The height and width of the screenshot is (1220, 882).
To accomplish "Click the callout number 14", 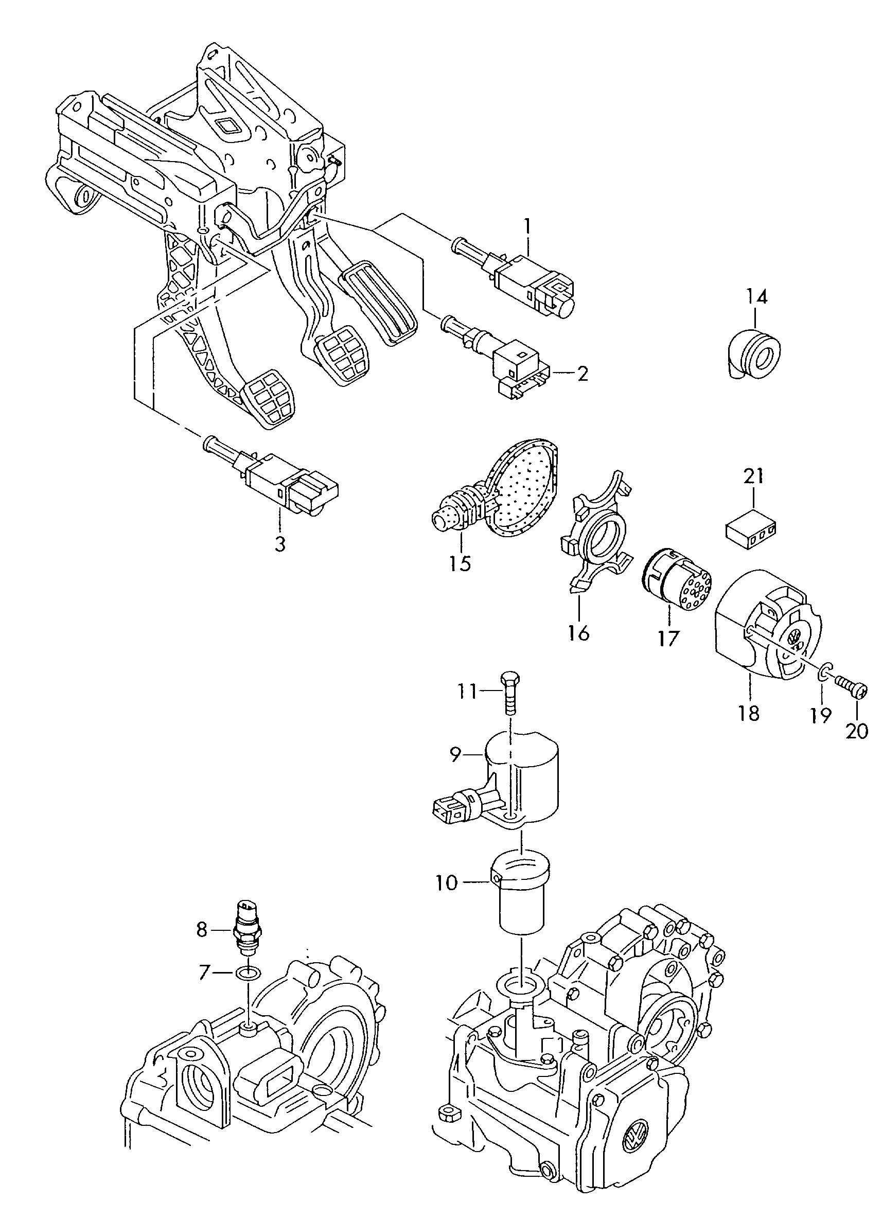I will click(x=756, y=297).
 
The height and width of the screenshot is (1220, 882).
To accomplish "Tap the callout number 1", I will click(x=527, y=225).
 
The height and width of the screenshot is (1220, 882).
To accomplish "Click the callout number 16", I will click(x=579, y=632).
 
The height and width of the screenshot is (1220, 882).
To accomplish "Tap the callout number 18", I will click(x=749, y=713).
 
